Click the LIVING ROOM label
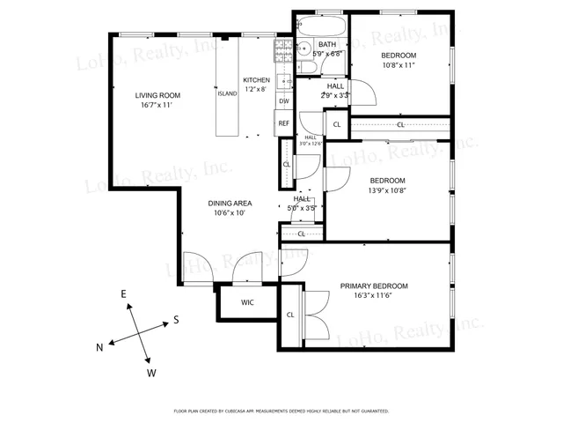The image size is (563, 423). pos(157,95)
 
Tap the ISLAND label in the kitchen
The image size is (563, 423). pos(227,93)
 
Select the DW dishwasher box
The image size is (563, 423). pos(284,101)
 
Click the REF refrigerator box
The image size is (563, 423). pos(284,123)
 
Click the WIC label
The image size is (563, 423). pos(248,303)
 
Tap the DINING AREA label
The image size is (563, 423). pos(230,203)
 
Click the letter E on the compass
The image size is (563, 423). pos(124,293)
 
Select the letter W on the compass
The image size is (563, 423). pos(151,373)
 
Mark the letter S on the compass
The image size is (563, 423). pos(176,319)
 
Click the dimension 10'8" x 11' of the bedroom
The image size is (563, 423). pos(398,65)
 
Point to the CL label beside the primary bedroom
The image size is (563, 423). pos(290,315)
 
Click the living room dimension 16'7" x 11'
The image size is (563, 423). pos(157,106)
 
